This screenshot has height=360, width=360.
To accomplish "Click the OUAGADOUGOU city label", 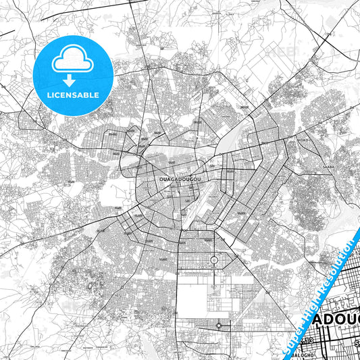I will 177,179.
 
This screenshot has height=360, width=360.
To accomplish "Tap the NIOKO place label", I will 302,140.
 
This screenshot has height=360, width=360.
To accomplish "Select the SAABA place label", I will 328,165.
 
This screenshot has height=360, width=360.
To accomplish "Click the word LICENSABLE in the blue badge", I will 72,95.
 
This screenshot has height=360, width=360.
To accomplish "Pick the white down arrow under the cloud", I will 72,74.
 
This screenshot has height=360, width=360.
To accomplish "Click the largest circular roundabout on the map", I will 214,260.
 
